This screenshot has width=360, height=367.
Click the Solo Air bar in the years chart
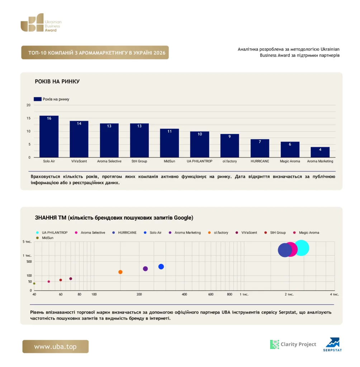click(49, 137)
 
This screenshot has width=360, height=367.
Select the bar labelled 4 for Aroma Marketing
click(320, 152)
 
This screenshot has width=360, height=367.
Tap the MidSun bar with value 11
click(169, 143)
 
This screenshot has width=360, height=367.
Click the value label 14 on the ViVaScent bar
click(79, 124)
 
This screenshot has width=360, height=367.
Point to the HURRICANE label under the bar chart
click(260, 161)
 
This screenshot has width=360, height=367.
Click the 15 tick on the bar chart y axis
click(29, 118)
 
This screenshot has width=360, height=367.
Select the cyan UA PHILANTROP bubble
click(302, 248)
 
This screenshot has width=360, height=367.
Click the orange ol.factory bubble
click(120, 272)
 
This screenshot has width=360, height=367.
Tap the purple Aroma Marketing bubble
click(145, 269)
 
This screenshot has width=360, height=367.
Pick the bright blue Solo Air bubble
click(161, 267)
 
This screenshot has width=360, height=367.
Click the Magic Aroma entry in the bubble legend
click(306, 233)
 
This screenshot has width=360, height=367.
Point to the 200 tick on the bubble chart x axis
click(139, 295)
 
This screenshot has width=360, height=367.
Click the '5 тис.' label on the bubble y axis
click(27, 242)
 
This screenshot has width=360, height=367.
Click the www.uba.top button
click(56, 347)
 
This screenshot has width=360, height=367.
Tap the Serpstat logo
click(333, 344)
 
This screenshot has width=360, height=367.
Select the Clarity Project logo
click(293, 344)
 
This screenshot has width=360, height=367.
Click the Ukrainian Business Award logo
click(41, 23)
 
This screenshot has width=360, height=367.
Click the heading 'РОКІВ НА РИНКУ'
click(57, 81)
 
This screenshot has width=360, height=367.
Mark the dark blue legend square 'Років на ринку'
click(38, 99)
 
